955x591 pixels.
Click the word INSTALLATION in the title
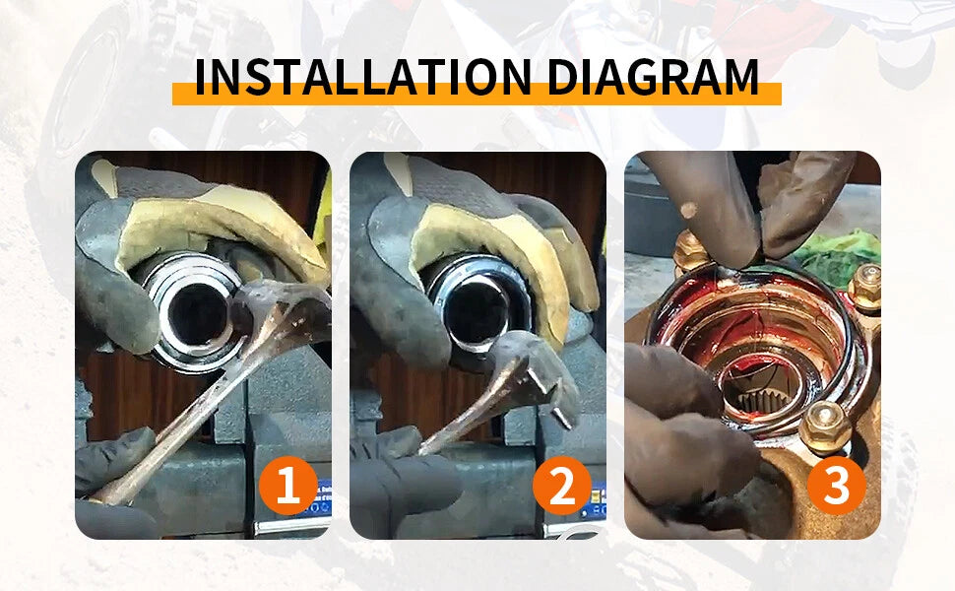pos(363,78)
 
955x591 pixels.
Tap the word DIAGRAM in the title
pos(653,78)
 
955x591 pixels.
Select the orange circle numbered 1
pos(288,486)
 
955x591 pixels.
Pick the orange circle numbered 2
pos(562,486)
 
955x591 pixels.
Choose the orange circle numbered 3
pos(837,486)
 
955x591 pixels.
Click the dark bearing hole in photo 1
pos(197,314)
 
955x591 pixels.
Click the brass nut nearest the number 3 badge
pos(824,427)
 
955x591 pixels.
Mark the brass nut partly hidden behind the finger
pos(690,250)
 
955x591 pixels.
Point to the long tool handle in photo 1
pos(183,415)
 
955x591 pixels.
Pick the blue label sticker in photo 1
pos(322,496)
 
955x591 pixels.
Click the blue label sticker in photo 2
pos(598,499)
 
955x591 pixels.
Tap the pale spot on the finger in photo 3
pos(688,210)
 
